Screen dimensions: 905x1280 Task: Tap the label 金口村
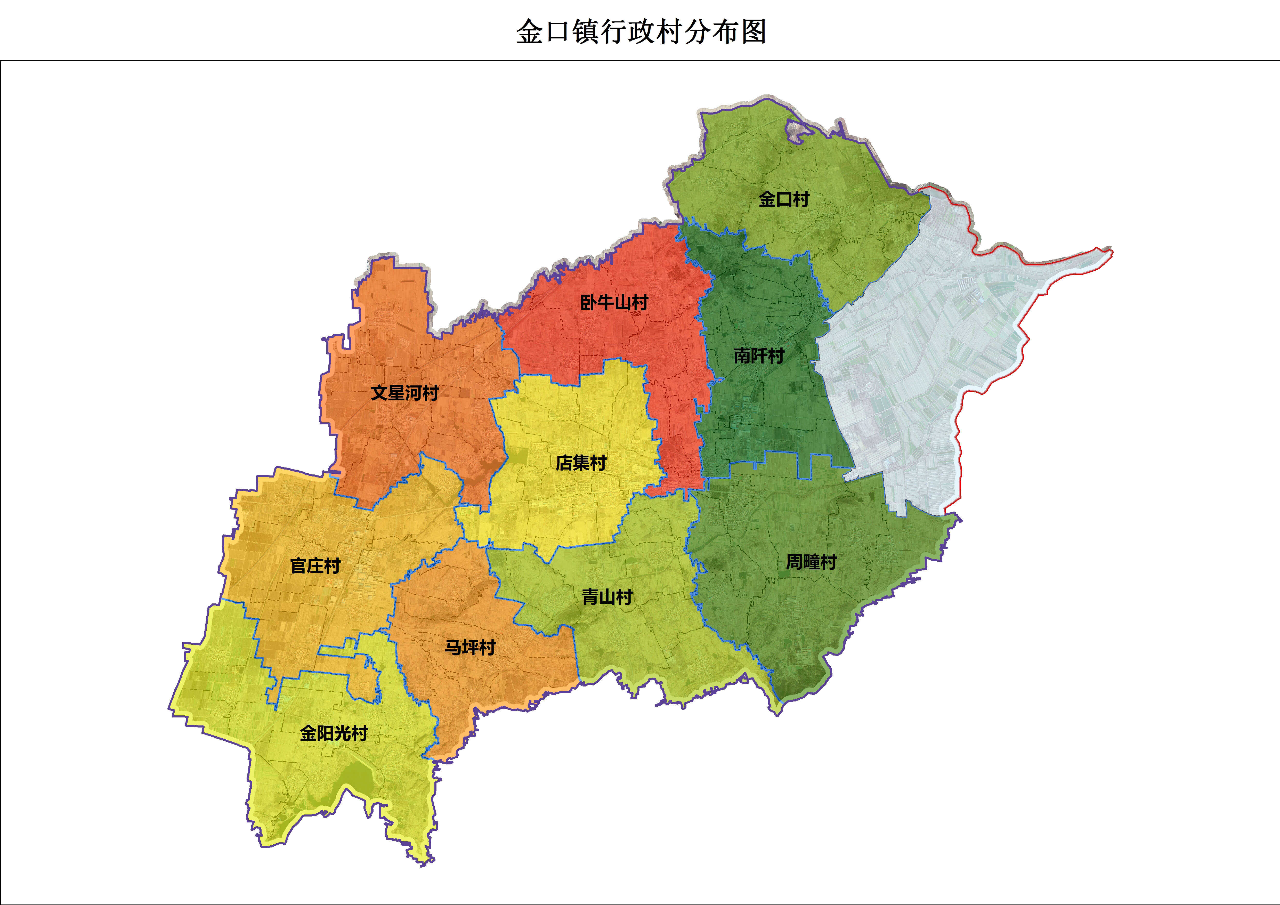[x=784, y=199]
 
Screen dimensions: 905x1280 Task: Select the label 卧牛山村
[x=614, y=303]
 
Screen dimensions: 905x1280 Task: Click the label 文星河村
[x=405, y=393]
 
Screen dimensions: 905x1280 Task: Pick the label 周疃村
[x=811, y=562]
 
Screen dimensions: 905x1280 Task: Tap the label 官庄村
[x=315, y=566]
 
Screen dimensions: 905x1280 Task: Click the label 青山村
[x=607, y=597]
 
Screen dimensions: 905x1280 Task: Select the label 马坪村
[x=470, y=647]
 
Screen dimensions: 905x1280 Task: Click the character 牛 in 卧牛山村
[x=606, y=303]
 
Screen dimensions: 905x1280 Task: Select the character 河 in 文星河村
[x=413, y=393]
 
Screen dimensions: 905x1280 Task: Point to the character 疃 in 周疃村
[x=811, y=562]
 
